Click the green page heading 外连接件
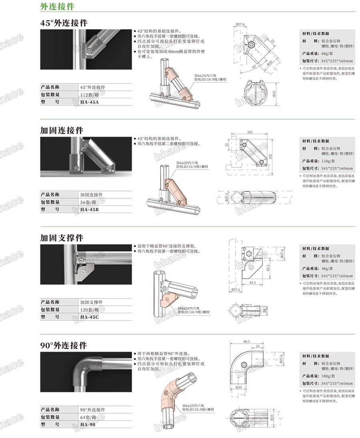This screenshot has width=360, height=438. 57,7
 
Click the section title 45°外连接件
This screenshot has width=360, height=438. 64,23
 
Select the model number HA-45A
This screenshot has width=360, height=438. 90,102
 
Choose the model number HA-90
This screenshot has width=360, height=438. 88,425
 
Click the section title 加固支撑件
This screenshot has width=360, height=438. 62,238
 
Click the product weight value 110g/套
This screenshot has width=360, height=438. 330,161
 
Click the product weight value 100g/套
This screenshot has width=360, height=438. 330,376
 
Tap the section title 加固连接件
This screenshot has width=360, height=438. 62,131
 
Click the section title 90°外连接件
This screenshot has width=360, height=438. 64,345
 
